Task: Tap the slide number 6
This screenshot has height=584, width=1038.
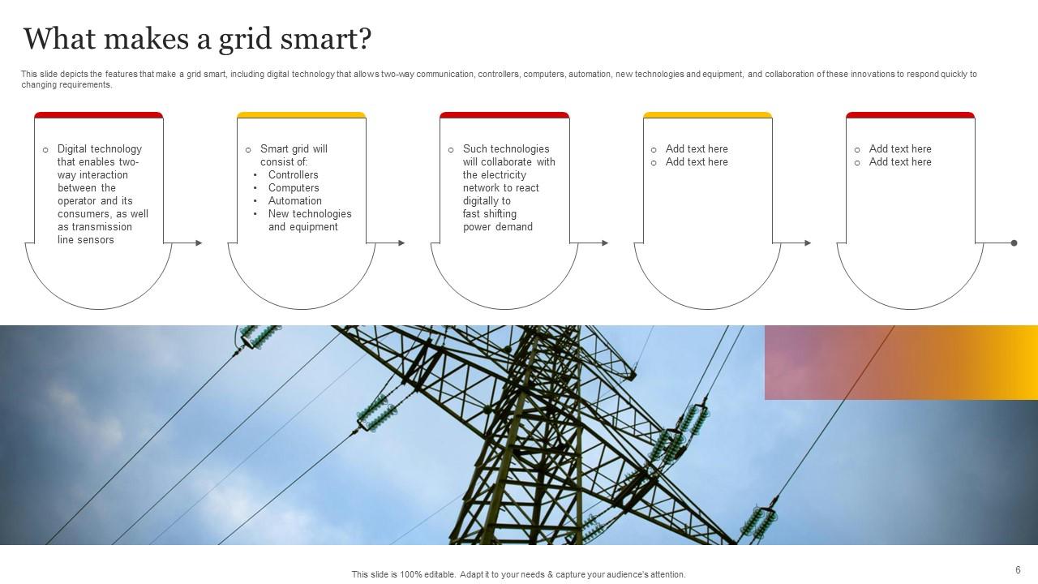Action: pos(1018,570)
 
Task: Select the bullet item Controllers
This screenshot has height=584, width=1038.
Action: pos(293,175)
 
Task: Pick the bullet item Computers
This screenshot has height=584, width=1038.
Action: pos(294,188)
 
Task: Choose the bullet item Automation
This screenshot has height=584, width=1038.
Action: pos(294,201)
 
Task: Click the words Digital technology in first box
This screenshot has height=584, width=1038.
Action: pos(99,149)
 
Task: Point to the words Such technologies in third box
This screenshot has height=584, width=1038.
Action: pos(506,149)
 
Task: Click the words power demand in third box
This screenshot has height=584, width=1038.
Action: pos(497,227)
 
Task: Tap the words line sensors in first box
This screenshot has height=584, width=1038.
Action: pos(85,240)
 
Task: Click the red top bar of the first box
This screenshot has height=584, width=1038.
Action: pos(98,115)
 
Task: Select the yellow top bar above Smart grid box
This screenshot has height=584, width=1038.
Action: pos(301,115)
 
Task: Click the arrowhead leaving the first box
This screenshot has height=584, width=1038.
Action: pos(199,243)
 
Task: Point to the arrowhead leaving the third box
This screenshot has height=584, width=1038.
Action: pos(604,243)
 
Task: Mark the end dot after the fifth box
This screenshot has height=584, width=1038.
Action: pos(1014,243)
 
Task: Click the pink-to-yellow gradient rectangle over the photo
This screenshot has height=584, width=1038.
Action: pos(900,363)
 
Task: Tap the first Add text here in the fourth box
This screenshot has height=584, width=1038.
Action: pos(697,149)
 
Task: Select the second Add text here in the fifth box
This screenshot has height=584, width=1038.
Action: pos(900,162)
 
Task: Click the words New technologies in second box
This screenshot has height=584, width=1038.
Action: pos(310,214)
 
